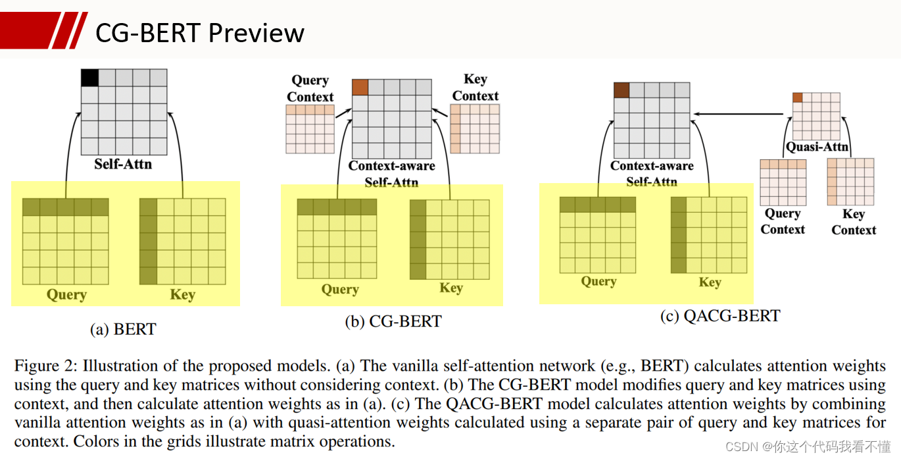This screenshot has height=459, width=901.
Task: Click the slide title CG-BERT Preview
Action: click(200, 33)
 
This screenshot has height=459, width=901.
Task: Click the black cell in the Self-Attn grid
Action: click(89, 78)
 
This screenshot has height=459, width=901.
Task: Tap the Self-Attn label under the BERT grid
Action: click(123, 164)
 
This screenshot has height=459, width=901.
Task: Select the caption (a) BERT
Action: click(123, 329)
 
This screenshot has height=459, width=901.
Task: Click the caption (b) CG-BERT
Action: click(393, 321)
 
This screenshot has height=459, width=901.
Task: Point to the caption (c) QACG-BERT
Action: click(720, 316)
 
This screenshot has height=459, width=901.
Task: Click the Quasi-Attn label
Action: click(817, 147)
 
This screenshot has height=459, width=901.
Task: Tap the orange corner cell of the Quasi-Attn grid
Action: click(798, 97)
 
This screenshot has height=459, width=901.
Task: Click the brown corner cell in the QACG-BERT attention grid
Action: click(621, 90)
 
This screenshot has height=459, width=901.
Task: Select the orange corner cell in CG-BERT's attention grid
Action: click(360, 88)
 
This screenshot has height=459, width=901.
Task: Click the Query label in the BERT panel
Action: click(67, 295)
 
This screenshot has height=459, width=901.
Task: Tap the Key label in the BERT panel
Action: click(183, 294)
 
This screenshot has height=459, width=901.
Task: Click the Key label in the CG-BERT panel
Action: click(451, 288)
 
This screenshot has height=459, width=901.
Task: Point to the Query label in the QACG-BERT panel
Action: click(599, 281)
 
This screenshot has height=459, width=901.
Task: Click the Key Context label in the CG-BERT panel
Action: click(475, 88)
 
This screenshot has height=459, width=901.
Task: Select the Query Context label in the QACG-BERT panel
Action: click(783, 221)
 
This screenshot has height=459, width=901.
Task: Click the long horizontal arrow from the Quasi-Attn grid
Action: click(739, 114)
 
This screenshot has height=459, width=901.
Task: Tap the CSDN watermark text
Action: click(808, 446)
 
